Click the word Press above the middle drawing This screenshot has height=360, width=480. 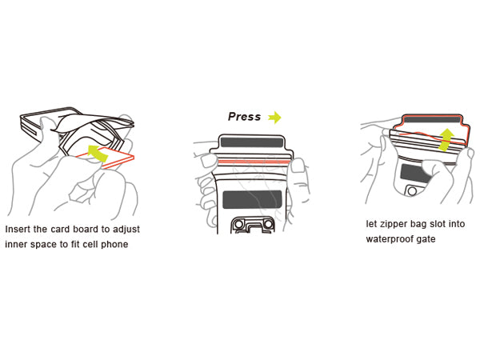(244, 117)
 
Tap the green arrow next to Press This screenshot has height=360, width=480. (274, 118)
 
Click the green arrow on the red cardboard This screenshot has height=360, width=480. (98, 153)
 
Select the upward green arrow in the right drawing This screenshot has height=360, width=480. (446, 139)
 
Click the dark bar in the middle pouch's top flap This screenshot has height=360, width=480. (252, 142)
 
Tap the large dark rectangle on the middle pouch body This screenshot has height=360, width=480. (252, 199)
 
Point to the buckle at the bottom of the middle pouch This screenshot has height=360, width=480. (252, 225)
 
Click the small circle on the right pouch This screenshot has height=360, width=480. (412, 191)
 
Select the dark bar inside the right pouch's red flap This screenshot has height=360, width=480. (433, 119)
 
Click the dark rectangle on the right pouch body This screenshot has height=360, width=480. (414, 174)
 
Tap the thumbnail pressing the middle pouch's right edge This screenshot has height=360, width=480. (297, 166)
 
